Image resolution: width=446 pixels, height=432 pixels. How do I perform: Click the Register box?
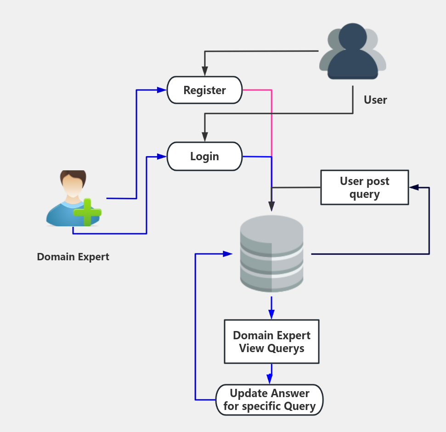pyautogui.click(x=204, y=90)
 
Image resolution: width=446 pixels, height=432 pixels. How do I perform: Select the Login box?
pyautogui.click(x=204, y=156)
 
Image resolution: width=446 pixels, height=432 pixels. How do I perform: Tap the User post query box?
pyautogui.click(x=364, y=187)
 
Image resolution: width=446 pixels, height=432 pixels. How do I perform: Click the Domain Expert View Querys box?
pyautogui.click(x=271, y=342)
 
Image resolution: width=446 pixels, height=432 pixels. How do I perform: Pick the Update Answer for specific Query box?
pyautogui.click(x=270, y=400)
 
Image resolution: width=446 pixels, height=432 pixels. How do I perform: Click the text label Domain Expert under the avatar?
pyautogui.click(x=73, y=257)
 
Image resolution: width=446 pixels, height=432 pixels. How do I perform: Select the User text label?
pyautogui.click(x=375, y=100)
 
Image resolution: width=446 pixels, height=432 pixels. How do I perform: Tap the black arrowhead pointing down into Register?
pyautogui.click(x=204, y=72)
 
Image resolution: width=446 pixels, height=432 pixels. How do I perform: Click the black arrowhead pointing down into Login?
pyautogui.click(x=204, y=137)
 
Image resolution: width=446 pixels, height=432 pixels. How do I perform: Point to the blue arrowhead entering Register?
pyautogui.click(x=162, y=90)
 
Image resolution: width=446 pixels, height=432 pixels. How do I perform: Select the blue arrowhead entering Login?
pyautogui.click(x=162, y=157)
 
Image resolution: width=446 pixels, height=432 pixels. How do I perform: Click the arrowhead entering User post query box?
pyautogui.click(x=413, y=187)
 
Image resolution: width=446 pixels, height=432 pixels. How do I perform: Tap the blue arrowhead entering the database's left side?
pyautogui.click(x=227, y=253)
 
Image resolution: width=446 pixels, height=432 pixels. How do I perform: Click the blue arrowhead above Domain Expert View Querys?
pyautogui.click(x=271, y=314)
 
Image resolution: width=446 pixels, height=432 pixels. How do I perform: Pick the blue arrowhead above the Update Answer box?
pyautogui.click(x=270, y=379)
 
